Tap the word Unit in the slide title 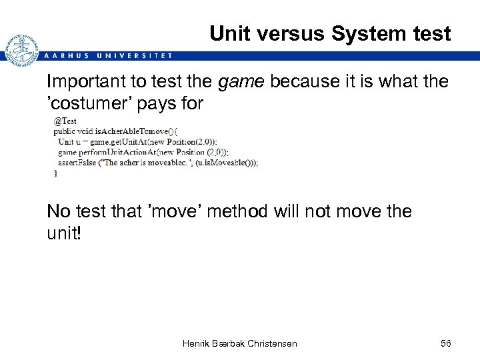231,33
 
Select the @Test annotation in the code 65,121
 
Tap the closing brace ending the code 56,173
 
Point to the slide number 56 446,343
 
